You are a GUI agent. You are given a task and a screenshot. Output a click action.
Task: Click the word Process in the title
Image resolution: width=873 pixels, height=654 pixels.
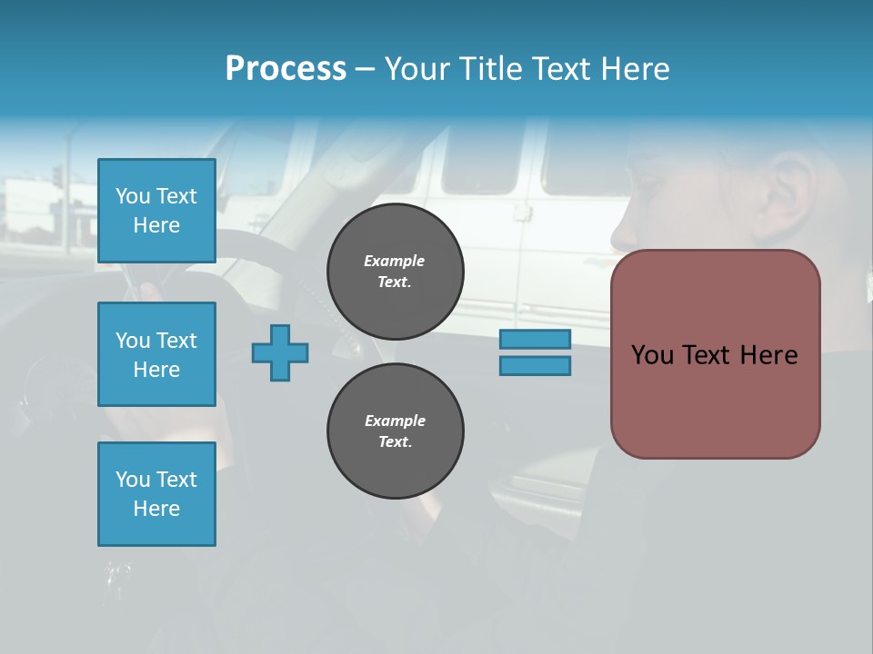pos(286,69)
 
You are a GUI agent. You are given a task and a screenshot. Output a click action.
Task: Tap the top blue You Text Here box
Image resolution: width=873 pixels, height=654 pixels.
pos(156,211)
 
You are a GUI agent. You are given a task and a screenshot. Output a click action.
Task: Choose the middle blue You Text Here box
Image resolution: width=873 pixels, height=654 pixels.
pos(156,354)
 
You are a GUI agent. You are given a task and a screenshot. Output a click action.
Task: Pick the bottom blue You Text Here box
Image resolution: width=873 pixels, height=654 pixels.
pos(156,494)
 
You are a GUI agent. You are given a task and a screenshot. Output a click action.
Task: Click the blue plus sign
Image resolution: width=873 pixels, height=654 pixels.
pos(280,352)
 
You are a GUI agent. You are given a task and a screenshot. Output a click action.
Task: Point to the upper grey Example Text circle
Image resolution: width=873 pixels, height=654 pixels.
pos(396,272)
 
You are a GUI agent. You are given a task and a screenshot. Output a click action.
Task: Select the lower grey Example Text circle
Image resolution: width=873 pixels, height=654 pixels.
pos(396,431)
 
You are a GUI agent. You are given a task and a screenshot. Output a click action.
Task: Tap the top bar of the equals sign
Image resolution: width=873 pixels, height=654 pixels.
pos(535,339)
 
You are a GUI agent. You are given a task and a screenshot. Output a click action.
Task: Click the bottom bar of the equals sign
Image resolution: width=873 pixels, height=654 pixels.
pos(535,366)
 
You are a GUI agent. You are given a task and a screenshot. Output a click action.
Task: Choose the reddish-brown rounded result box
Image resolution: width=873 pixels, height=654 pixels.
pos(715,354)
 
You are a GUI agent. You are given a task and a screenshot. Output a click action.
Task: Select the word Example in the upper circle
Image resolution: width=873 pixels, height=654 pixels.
pos(395,261)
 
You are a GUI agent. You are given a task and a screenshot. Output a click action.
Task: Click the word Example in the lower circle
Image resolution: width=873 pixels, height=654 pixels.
pos(395,421)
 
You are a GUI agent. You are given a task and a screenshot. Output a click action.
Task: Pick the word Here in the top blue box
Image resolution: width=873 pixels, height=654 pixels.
pos(156,225)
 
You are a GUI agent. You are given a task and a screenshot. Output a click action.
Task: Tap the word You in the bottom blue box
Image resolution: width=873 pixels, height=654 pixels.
pos(132,480)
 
